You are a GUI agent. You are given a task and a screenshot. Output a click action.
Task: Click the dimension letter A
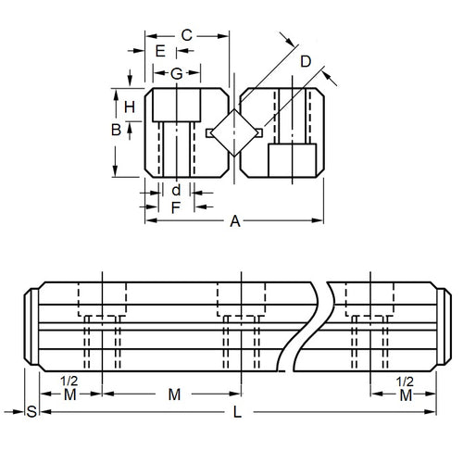tap(234, 220)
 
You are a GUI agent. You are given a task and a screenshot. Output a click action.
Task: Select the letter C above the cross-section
tap(186, 35)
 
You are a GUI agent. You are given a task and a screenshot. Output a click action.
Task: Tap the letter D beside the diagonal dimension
tap(307, 62)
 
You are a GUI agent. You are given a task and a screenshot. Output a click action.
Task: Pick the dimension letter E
tap(160, 51)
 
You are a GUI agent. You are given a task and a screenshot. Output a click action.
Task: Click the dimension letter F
tap(175, 206)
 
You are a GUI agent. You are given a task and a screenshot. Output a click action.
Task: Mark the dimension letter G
tap(176, 72)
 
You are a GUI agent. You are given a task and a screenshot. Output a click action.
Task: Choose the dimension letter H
tap(130, 106)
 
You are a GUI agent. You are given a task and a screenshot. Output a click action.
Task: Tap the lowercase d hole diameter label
tap(175, 189)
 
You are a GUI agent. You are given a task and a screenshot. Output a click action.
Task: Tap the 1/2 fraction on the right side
tap(405, 381)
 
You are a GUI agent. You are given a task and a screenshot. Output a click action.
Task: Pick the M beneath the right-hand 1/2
tap(405, 395)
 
